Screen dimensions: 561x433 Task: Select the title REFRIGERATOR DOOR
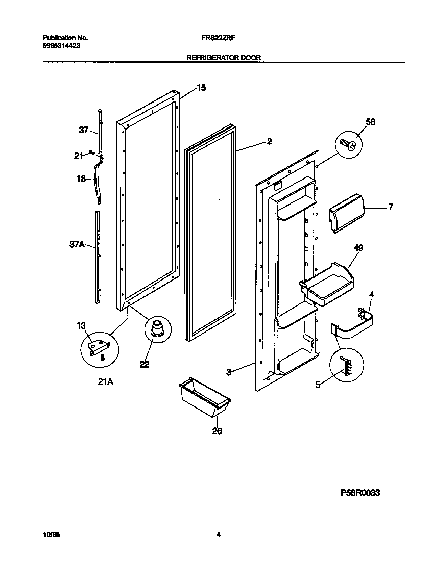coord(224,58)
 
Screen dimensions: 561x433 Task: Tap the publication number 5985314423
coord(60,45)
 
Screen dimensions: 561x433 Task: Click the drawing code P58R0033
coord(360,493)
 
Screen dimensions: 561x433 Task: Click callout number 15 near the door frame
coord(201,88)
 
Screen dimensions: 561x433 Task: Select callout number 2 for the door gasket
coord(269,142)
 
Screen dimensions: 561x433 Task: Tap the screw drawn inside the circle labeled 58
coord(348,145)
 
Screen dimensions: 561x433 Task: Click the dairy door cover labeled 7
coord(346,216)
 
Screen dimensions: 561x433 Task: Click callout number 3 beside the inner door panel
coord(229,372)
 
